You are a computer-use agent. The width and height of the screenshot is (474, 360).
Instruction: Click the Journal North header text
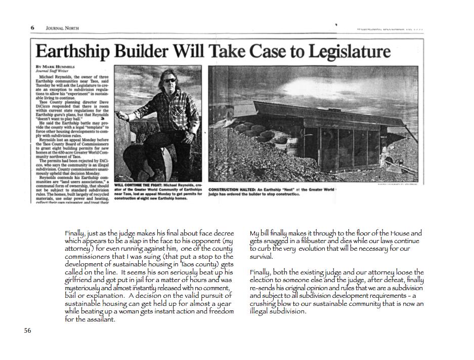(62, 28)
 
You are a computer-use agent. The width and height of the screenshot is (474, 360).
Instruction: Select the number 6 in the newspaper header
(32, 28)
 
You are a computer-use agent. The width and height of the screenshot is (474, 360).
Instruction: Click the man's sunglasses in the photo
(169, 81)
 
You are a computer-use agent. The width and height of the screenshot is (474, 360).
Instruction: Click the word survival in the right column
(261, 256)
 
